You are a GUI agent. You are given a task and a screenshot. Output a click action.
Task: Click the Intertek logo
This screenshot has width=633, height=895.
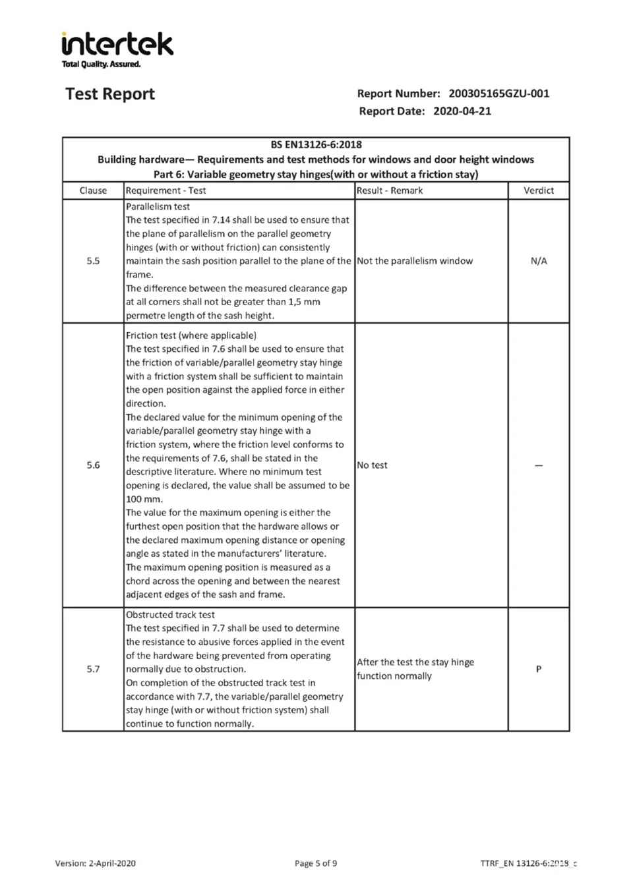pyautogui.click(x=117, y=47)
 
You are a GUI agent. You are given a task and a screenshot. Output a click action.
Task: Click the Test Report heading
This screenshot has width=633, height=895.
pyautogui.click(x=110, y=94)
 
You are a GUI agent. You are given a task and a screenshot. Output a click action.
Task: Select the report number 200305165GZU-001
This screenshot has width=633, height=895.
pyautogui.click(x=498, y=94)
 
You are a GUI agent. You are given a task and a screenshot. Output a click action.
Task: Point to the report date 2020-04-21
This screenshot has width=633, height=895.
pyautogui.click(x=462, y=111)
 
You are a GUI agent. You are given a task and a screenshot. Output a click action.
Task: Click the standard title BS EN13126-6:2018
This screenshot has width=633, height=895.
pyautogui.click(x=316, y=144)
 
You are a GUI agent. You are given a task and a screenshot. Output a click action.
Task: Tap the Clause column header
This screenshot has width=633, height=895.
pyautogui.click(x=93, y=190)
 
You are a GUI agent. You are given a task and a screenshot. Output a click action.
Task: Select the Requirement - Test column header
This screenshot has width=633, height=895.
pyautogui.click(x=166, y=190)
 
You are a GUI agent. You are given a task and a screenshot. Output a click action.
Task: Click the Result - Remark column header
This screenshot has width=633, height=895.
pyautogui.click(x=390, y=190)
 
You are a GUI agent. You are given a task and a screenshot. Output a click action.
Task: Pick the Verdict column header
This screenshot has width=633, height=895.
pyautogui.click(x=539, y=190)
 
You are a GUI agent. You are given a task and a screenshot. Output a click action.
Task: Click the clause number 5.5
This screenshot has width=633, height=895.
pyautogui.click(x=93, y=261)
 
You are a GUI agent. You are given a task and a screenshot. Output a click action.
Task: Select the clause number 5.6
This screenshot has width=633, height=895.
pyautogui.click(x=93, y=465)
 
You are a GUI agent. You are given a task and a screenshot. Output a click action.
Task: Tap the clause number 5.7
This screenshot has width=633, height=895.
pyautogui.click(x=93, y=669)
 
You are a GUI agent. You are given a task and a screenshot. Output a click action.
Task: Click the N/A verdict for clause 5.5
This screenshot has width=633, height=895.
pyautogui.click(x=539, y=261)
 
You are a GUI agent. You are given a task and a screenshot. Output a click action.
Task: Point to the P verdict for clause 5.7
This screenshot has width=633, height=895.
pyautogui.click(x=539, y=669)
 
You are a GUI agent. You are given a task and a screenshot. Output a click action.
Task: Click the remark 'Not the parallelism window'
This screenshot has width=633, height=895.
pyautogui.click(x=415, y=261)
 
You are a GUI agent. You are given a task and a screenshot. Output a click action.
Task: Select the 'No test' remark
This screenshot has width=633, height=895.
pyautogui.click(x=372, y=465)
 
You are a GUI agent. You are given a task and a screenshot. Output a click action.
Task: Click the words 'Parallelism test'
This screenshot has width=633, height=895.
pyautogui.click(x=158, y=206)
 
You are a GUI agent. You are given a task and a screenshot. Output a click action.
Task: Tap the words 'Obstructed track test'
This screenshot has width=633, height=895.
pyautogui.click(x=170, y=615)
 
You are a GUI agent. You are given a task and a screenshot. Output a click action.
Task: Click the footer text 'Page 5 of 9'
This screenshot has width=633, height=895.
pyautogui.click(x=316, y=863)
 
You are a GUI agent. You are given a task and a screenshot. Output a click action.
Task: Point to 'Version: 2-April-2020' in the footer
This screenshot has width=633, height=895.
pyautogui.click(x=96, y=863)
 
